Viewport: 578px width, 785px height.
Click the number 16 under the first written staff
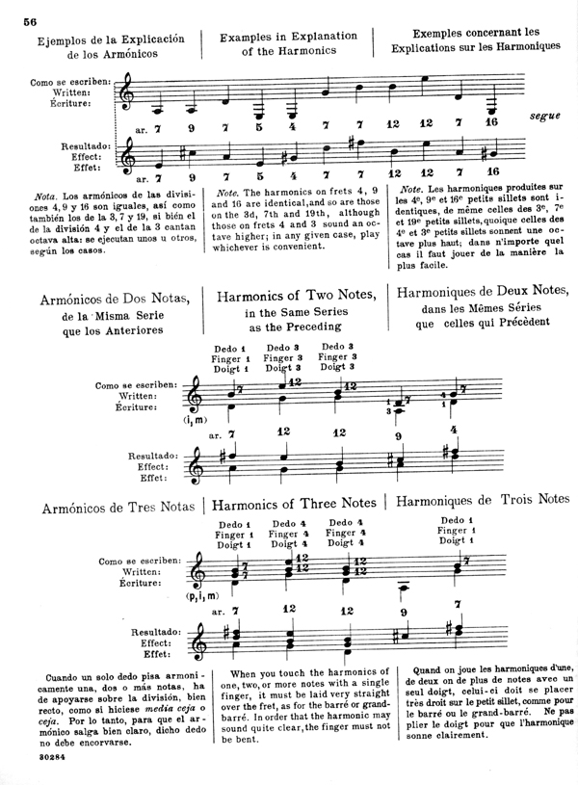pyautogui.click(x=492, y=123)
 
